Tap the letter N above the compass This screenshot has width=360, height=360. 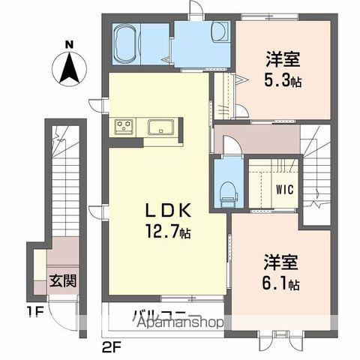(x=68, y=44)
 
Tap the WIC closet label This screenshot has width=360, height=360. (x=283, y=190)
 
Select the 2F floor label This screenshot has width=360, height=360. (x=110, y=347)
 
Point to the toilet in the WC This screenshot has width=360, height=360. (x=225, y=188)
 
